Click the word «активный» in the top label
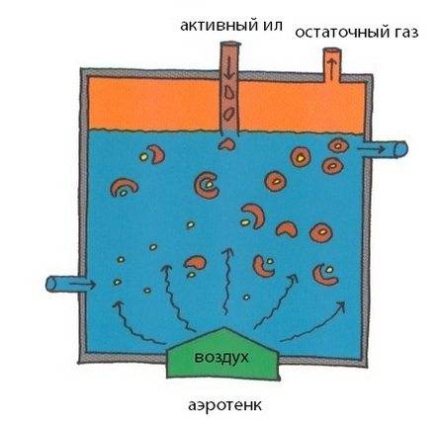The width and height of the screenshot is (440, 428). click(x=219, y=26)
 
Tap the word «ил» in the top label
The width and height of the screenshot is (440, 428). click(x=273, y=26)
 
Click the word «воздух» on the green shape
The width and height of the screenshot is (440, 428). click(x=221, y=357)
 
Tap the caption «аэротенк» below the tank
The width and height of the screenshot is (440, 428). click(x=224, y=405)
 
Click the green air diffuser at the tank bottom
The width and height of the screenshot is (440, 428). click(x=223, y=353)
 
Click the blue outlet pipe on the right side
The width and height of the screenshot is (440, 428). click(x=386, y=149)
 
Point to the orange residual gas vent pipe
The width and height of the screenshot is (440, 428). click(x=331, y=64)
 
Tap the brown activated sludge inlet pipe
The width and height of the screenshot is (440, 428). click(x=229, y=88)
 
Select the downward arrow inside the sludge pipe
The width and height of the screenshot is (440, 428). click(x=229, y=66)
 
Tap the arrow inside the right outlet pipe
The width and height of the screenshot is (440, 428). click(x=372, y=149)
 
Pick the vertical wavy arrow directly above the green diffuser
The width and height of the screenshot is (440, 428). click(x=226, y=281)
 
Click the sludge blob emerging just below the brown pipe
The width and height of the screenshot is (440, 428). click(x=226, y=144)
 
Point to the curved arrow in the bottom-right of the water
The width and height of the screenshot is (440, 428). click(x=313, y=322)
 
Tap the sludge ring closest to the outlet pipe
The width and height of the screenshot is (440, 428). click(x=338, y=145)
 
